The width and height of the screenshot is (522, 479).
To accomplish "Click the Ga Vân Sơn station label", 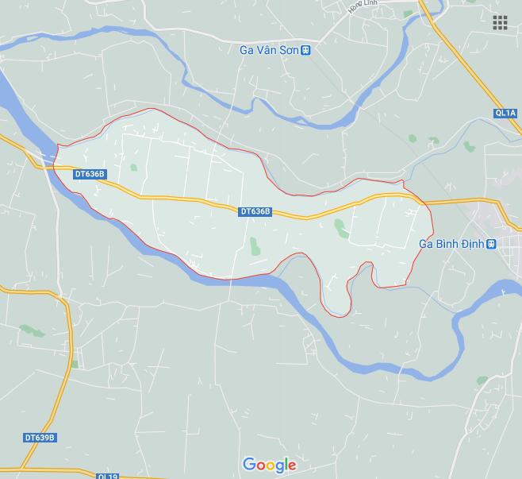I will point(270,50).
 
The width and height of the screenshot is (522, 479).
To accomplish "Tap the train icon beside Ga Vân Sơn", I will point(307,50).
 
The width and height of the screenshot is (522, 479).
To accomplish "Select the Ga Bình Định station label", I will point(451,244).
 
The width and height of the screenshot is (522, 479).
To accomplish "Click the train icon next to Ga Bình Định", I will point(492,244).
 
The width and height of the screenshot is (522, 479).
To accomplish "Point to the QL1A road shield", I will point(505,114).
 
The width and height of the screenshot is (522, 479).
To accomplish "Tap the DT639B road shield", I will point(40,438).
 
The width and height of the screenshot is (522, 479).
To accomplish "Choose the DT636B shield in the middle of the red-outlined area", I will point(255,211).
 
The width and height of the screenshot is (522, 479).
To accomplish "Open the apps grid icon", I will point(500,23).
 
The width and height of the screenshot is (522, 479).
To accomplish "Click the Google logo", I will point(270,465).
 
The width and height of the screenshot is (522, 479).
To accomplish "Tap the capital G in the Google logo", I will point(248,464).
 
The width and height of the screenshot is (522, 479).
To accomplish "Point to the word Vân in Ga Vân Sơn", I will point(271,50).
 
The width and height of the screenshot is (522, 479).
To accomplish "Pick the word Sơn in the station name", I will point(291,50).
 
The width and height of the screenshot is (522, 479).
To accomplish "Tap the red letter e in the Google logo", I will point(291,465).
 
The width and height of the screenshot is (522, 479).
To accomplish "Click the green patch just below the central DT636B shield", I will point(254,245).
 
